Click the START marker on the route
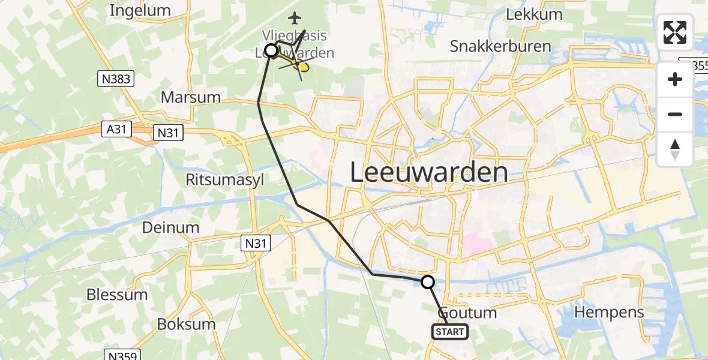pyautogui.click(x=449, y=331)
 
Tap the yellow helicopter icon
pyautogui.click(x=300, y=66)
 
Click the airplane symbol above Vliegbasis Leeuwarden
pyautogui.click(x=293, y=18)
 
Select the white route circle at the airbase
pyautogui.click(x=271, y=50)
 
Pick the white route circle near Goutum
pyautogui.click(x=428, y=281)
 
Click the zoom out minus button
pyautogui.click(x=675, y=115)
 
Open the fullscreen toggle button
pyautogui.click(x=675, y=32)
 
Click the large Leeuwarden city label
pyautogui.click(x=428, y=173)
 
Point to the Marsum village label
pyautogui.click(x=191, y=97)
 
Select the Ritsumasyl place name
pyautogui.click(x=224, y=180)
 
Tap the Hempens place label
pyautogui.click(x=609, y=312)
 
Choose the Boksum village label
pyautogui.click(x=186, y=324)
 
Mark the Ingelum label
pyautogui.click(x=140, y=11)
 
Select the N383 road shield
pyautogui.click(x=116, y=79)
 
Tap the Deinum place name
pyautogui.click(x=170, y=227)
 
